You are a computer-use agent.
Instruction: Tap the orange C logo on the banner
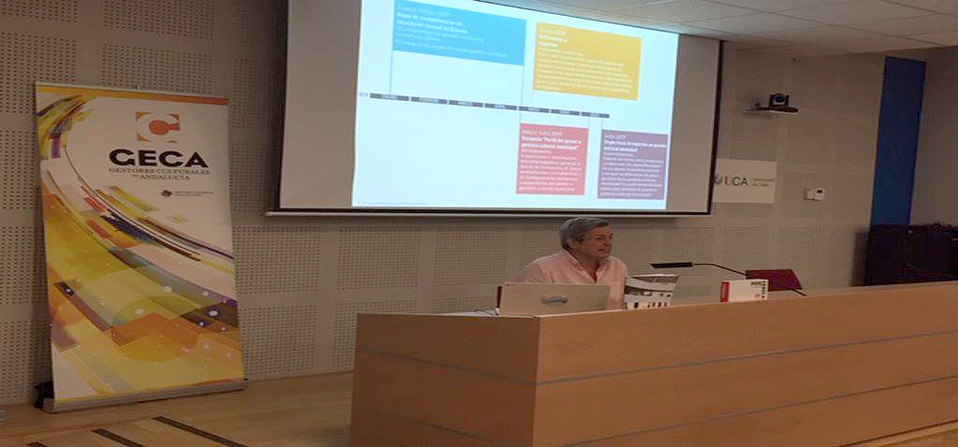pyautogui.click(x=157, y=126)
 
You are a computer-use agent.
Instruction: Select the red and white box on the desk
pyautogui.click(x=744, y=290)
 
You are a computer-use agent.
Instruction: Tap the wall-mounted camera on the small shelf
pyautogui.click(x=777, y=101)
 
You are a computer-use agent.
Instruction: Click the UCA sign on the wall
pyautogui.click(x=744, y=180)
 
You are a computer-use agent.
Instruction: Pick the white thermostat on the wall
pyautogui.click(x=815, y=194)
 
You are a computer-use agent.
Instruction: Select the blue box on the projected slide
pyautogui.click(x=458, y=36)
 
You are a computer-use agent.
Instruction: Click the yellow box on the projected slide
pyautogui.click(x=587, y=60)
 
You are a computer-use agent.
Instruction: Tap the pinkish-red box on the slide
pyautogui.click(x=552, y=158)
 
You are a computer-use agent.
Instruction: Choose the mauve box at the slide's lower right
pyautogui.click(x=632, y=164)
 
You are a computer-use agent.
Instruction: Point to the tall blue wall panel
pyautogui.click(x=897, y=140)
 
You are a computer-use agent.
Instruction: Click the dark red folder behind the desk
pyautogui.click(x=774, y=279)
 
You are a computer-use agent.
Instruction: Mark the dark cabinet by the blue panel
pyautogui.click(x=910, y=253)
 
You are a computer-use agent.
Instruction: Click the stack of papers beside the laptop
pyautogui.click(x=649, y=292)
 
